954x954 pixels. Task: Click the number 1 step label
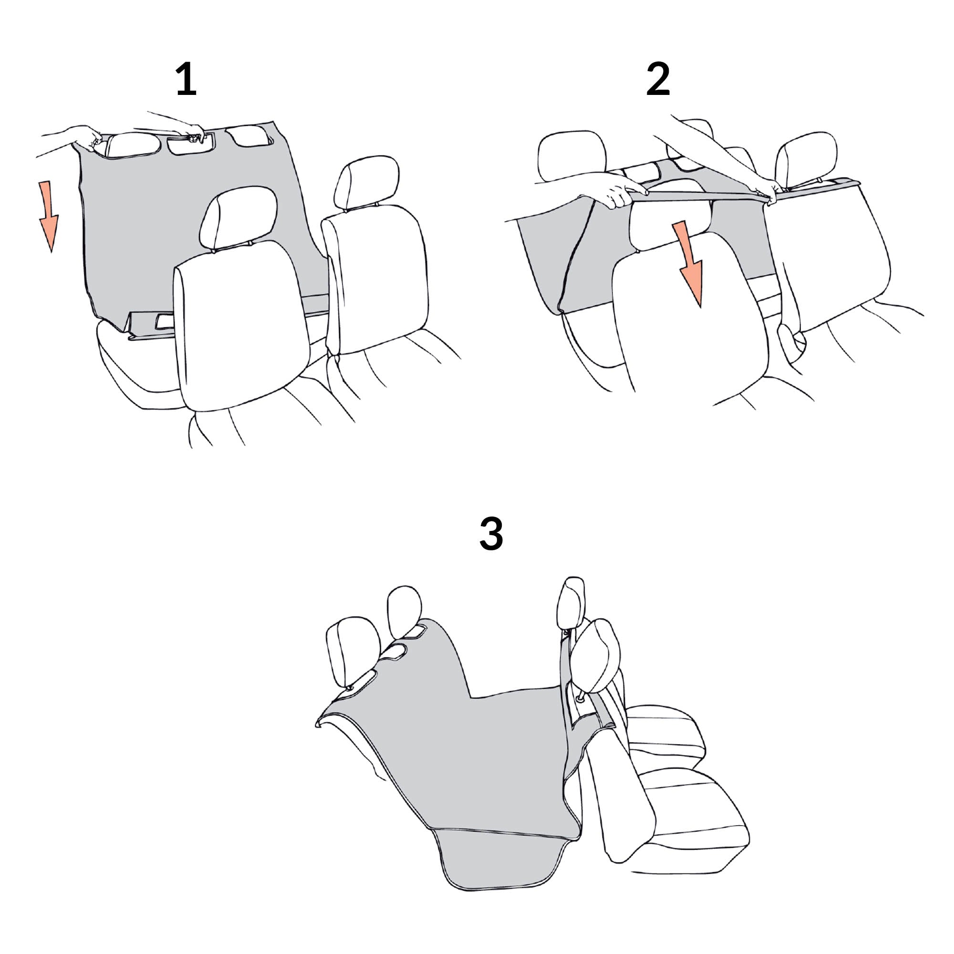click(186, 79)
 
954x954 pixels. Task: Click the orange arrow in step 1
click(48, 216)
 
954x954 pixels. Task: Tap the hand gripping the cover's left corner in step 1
click(87, 137)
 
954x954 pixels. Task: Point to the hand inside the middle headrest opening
click(194, 134)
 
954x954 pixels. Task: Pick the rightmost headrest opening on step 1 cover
click(250, 136)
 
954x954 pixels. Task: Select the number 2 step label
click(658, 79)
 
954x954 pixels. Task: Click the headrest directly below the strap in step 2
click(671, 215)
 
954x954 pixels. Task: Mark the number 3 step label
click(491, 534)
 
